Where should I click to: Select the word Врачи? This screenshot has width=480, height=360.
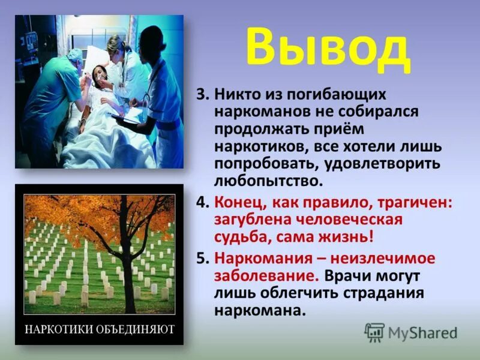(349, 276)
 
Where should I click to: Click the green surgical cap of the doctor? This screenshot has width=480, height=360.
(75, 55)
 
